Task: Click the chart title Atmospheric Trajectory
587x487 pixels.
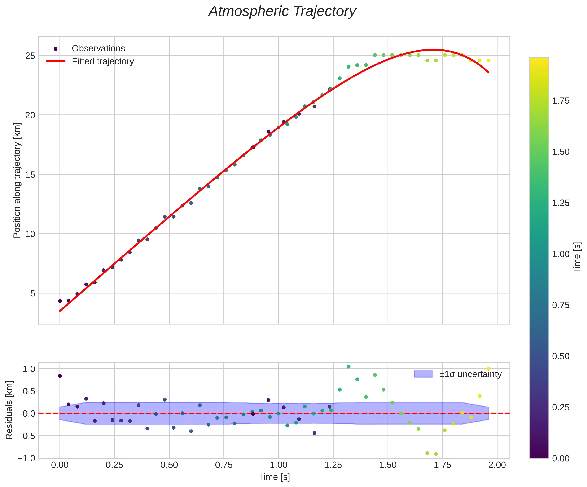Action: pyautogui.click(x=282, y=12)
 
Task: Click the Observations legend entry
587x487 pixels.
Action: pyautogui.click(x=98, y=49)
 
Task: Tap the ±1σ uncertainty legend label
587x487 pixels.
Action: pyautogui.click(x=470, y=374)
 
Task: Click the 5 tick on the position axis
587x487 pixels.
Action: pyautogui.click(x=33, y=293)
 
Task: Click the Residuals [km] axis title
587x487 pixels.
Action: pyautogui.click(x=9, y=410)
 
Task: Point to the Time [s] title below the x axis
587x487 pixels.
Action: pyautogui.click(x=274, y=477)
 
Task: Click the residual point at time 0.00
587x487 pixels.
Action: pyautogui.click(x=60, y=376)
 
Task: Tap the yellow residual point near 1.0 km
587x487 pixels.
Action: pyautogui.click(x=488, y=368)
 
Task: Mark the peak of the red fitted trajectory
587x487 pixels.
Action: pyautogui.click(x=433, y=50)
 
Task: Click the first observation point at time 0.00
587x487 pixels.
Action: pyautogui.click(x=60, y=301)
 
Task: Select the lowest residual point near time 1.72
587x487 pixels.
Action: pyautogui.click(x=436, y=454)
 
